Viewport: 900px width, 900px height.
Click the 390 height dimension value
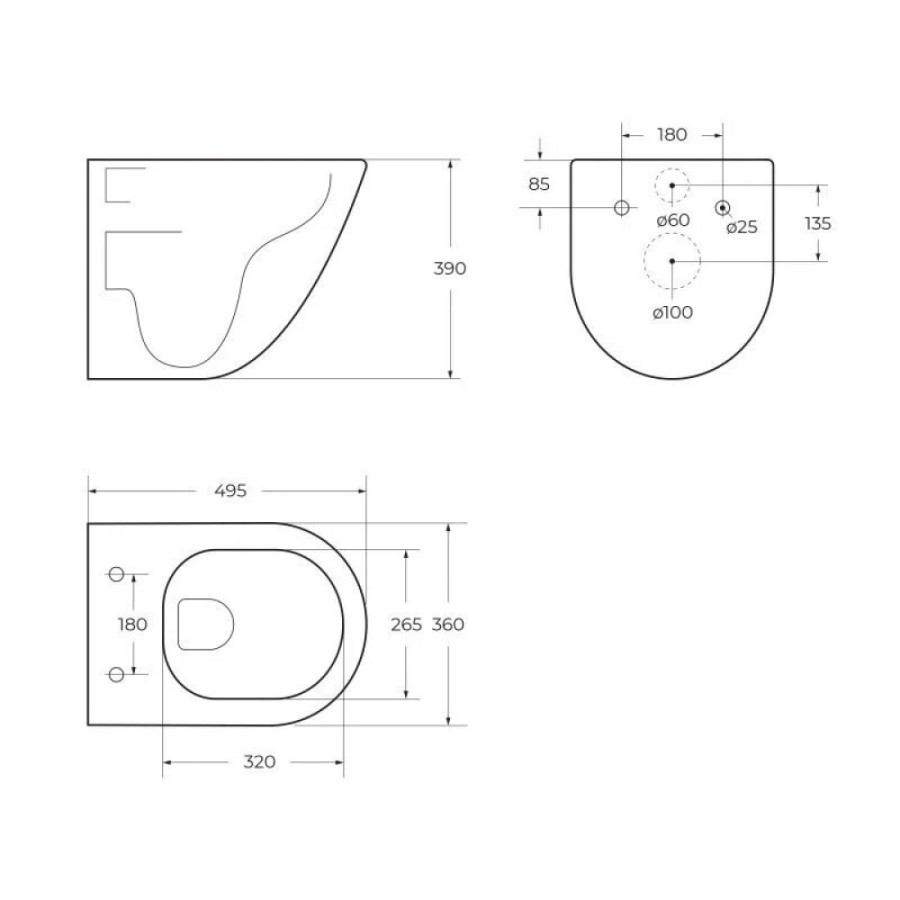pyautogui.click(x=449, y=268)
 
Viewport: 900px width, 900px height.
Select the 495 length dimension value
pyautogui.click(x=230, y=491)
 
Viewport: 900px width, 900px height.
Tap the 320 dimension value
pyautogui.click(x=259, y=762)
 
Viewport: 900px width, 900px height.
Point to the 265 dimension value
pyautogui.click(x=406, y=624)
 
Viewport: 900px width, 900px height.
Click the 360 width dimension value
pyautogui.click(x=448, y=624)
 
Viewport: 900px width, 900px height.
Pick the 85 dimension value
pyautogui.click(x=539, y=184)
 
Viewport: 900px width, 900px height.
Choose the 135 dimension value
pyautogui.click(x=818, y=223)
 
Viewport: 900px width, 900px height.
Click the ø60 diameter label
pyautogui.click(x=673, y=220)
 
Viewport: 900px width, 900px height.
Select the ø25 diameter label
pyautogui.click(x=742, y=227)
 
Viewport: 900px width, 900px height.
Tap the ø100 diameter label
pyautogui.click(x=673, y=312)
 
